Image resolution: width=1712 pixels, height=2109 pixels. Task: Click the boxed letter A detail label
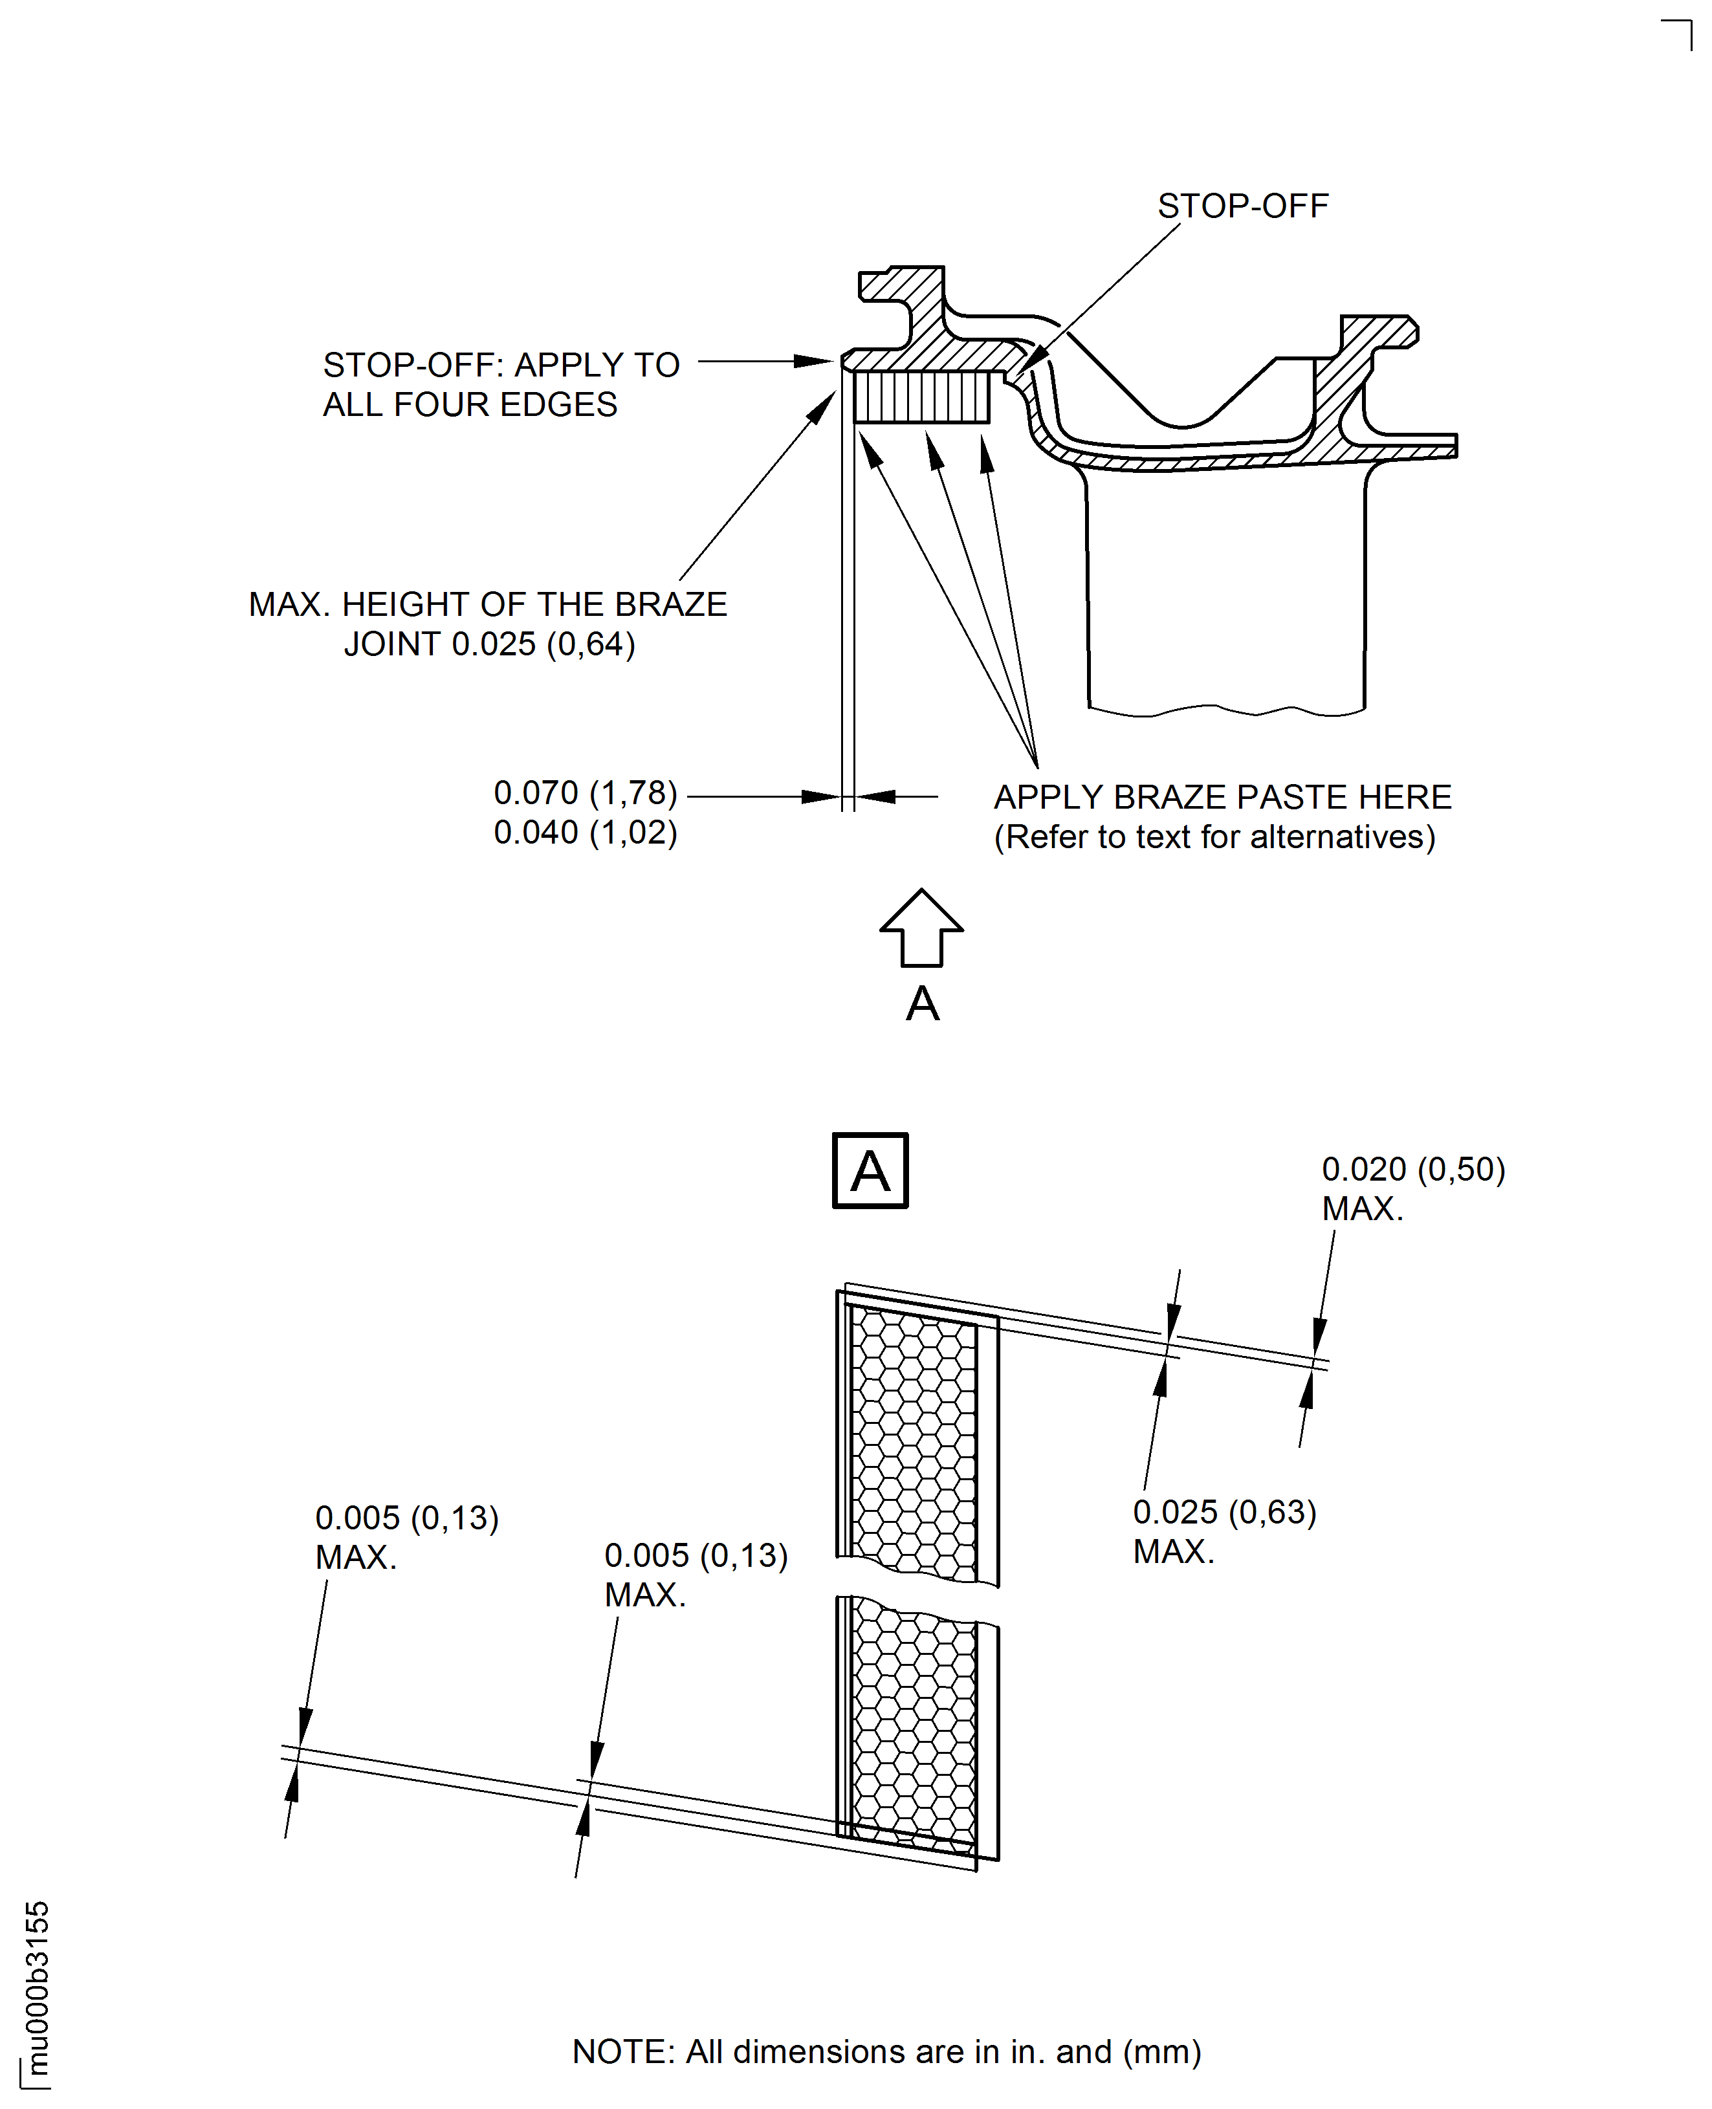870,1170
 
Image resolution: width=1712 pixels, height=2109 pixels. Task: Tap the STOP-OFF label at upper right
1242,206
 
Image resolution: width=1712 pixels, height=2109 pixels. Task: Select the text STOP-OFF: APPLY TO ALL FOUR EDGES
501,384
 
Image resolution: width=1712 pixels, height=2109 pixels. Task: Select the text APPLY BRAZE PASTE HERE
1222,796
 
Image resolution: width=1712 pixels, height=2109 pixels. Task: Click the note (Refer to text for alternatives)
1214,837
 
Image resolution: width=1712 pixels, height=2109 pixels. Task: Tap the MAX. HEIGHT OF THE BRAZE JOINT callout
488,623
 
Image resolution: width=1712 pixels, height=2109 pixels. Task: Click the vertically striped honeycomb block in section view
921,397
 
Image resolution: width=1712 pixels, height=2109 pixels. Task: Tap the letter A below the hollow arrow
922,1004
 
